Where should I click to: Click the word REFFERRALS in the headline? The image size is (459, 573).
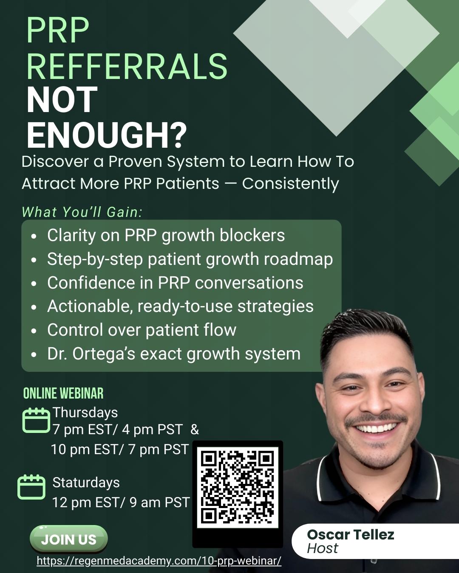point(127,66)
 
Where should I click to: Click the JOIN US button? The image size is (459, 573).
point(68,539)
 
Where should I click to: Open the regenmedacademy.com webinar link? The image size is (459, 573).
point(159,561)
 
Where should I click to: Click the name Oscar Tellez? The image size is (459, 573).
point(351,534)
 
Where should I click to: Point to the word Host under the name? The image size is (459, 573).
point(323,548)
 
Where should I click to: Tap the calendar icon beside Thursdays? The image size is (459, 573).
point(36,420)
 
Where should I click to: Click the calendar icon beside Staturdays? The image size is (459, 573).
point(31,487)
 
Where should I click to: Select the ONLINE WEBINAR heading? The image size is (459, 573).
point(63,393)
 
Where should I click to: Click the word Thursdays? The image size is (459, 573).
point(85,413)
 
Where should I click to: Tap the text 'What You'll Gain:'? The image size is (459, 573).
point(82,212)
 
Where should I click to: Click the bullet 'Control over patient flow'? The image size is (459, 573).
point(142,330)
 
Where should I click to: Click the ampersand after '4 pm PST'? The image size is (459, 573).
point(195,429)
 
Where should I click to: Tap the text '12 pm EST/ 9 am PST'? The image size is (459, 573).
point(121,503)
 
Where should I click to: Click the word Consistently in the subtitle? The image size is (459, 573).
point(290,184)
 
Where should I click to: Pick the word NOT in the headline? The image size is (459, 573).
point(62,100)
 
